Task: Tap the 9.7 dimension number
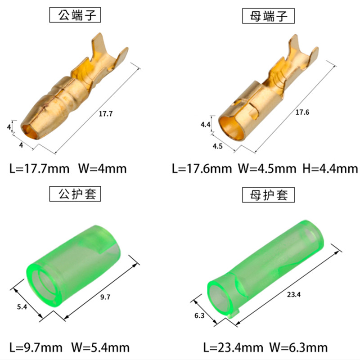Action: (105, 296)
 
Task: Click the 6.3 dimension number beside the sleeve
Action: (200, 315)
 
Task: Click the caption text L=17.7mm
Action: (40, 169)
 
